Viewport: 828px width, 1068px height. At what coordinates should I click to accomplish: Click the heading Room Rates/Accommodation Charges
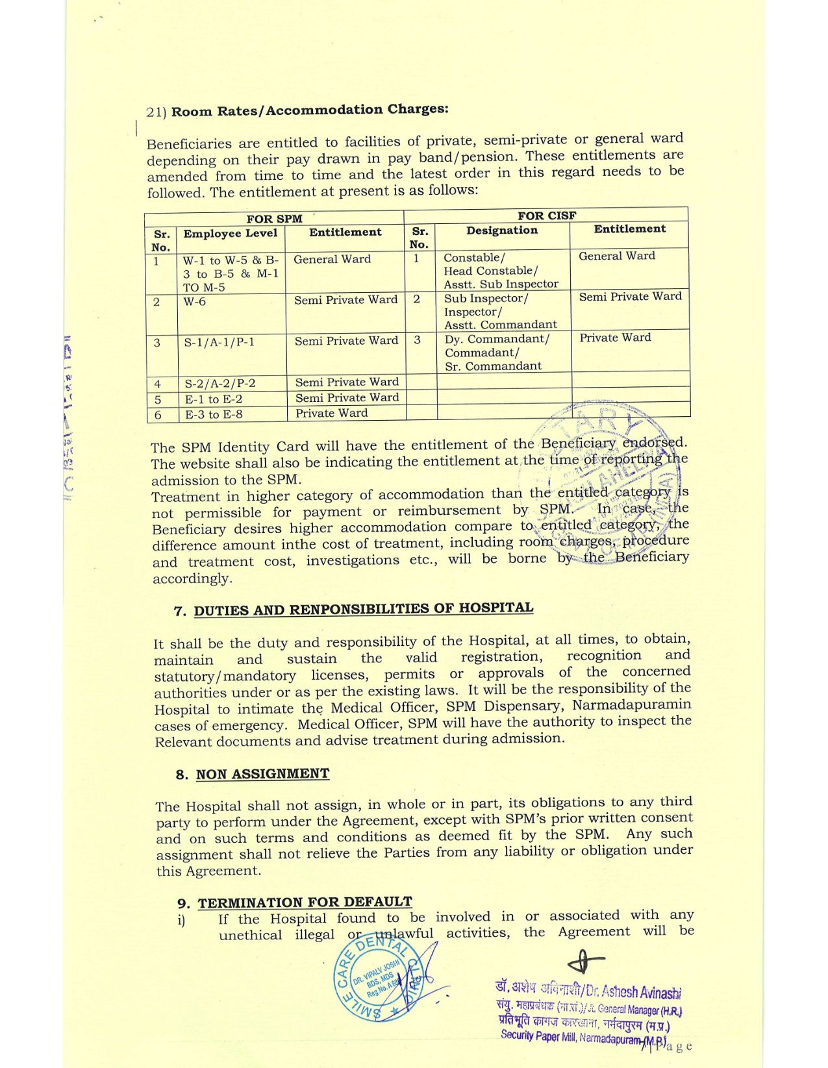[309, 110]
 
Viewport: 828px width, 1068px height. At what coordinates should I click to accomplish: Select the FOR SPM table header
[274, 219]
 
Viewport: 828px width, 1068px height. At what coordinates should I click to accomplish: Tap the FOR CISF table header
[546, 216]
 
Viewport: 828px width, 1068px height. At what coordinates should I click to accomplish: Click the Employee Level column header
[230, 234]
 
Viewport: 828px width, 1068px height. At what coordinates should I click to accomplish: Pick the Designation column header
[501, 230]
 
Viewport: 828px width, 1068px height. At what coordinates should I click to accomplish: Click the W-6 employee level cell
[195, 302]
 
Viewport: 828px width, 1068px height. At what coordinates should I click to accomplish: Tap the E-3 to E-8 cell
[214, 414]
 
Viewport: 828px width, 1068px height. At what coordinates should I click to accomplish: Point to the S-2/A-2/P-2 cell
[220, 383]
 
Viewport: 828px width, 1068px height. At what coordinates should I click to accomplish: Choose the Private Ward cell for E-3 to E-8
[331, 413]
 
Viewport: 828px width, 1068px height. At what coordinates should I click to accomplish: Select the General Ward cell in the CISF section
[616, 256]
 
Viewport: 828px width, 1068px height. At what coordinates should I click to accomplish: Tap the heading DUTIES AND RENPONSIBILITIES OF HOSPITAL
[363, 609]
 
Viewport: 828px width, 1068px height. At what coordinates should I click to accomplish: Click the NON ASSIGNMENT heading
[262, 774]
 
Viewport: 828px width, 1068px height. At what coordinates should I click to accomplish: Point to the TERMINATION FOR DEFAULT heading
[305, 902]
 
